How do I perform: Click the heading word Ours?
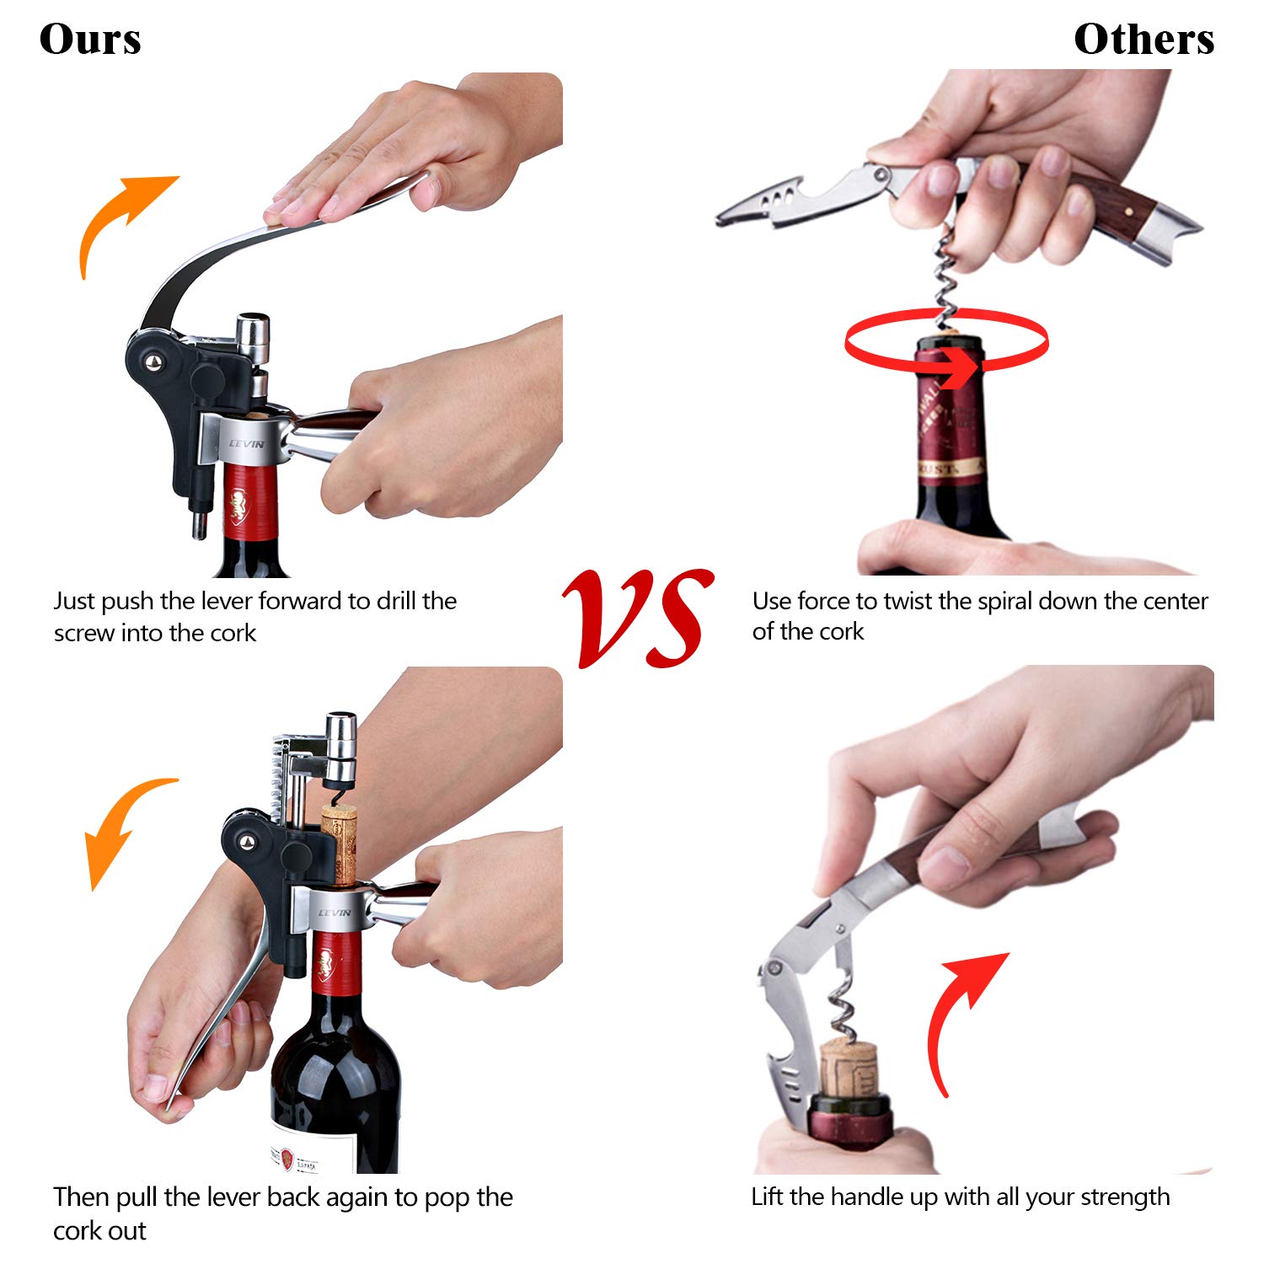pyautogui.click(x=90, y=40)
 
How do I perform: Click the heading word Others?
pyautogui.click(x=1143, y=40)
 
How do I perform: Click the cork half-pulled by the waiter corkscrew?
pyautogui.click(x=849, y=1068)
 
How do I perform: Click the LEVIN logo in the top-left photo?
pyautogui.click(x=247, y=444)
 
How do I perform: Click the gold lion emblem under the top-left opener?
pyautogui.click(x=238, y=506)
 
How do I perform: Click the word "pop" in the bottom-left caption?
pyautogui.click(x=446, y=1199)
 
